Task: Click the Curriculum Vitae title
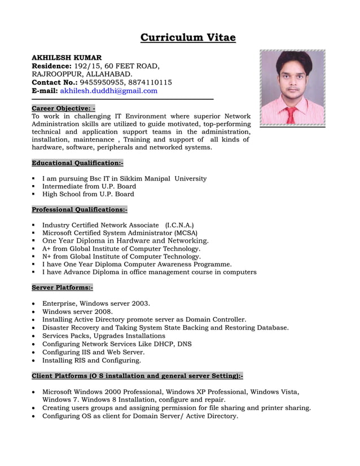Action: [x=188, y=38]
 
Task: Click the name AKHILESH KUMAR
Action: [x=67, y=58]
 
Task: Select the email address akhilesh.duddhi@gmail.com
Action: [x=109, y=90]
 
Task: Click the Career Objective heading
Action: [x=63, y=108]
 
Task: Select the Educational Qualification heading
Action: [x=77, y=163]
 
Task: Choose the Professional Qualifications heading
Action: [x=80, y=209]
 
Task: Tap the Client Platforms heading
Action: [x=137, y=376]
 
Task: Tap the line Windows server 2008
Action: [x=77, y=311]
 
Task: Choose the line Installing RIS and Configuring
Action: [x=91, y=360]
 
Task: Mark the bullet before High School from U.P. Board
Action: [x=34, y=195]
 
